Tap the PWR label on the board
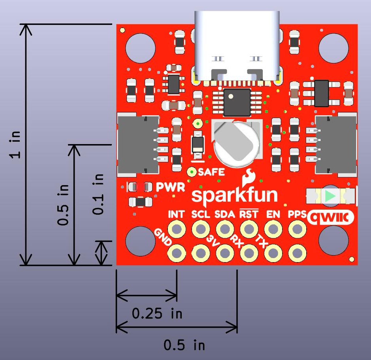(x=170, y=187)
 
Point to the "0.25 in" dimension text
(x=157, y=314)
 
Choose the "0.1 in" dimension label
(x=98, y=194)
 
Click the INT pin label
(x=176, y=214)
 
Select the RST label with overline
(x=249, y=214)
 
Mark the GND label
(x=162, y=237)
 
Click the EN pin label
(x=273, y=214)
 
